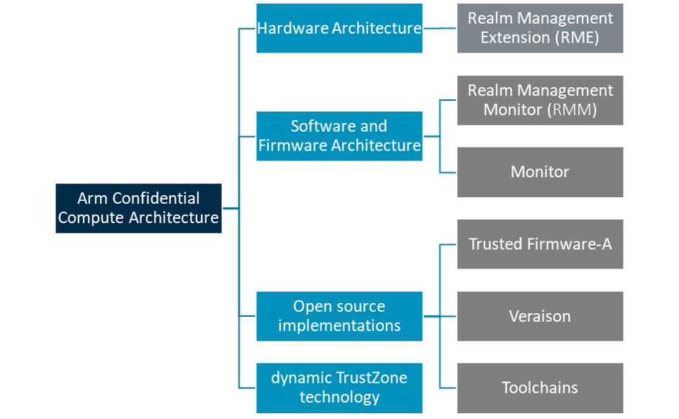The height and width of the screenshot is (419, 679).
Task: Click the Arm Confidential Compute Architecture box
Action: pyautogui.click(x=138, y=208)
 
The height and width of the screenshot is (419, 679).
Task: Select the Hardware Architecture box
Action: pyautogui.click(x=339, y=28)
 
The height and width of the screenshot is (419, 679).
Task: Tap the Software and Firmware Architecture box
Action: pyautogui.click(x=339, y=135)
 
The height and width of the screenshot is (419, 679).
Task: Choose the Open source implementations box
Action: pyautogui.click(x=339, y=316)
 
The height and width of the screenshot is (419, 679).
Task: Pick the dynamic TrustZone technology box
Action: pyautogui.click(x=339, y=387)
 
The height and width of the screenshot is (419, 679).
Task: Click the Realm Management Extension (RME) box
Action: pyautogui.click(x=540, y=28)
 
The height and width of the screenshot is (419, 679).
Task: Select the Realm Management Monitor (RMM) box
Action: pyautogui.click(x=540, y=100)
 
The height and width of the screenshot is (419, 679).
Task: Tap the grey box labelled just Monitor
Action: pyautogui.click(x=540, y=172)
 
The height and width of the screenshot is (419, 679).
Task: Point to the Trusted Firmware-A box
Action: pyautogui.click(x=540, y=244)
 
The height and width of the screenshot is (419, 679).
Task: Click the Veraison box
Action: pyautogui.click(x=540, y=316)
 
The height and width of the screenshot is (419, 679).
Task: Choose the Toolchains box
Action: pyautogui.click(x=540, y=387)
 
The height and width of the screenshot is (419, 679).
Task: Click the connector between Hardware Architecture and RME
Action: pyautogui.click(x=439, y=28)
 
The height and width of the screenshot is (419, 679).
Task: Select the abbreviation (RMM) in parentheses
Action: pyautogui.click(x=572, y=109)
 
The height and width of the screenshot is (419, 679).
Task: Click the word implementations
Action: pyautogui.click(x=339, y=325)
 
